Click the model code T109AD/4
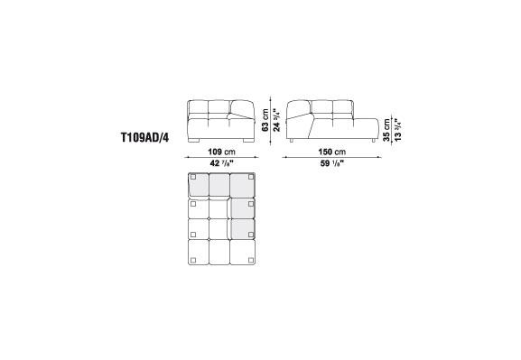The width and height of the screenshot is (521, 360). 144,137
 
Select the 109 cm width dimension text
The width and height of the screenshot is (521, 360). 221,152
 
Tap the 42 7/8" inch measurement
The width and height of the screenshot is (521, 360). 221,163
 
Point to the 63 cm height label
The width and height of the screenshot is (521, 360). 265,120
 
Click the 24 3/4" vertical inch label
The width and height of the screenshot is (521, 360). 277,120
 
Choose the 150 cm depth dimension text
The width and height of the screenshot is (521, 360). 332,152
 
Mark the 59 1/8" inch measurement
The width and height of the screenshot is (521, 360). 332,163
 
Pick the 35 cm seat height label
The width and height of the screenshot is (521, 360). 386,130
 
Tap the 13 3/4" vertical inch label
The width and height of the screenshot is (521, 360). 397,130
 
